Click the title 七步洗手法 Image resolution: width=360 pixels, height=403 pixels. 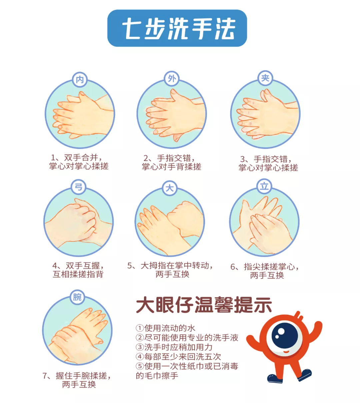pyautogui.click(x=179, y=28)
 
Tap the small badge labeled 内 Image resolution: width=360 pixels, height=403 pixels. pyautogui.click(x=80, y=80)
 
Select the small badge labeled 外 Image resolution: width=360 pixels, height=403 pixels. pyautogui.click(x=172, y=79)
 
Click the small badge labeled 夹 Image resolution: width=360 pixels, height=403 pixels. pyautogui.click(x=265, y=78)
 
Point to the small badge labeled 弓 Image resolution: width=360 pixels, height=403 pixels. pyautogui.click(x=78, y=187)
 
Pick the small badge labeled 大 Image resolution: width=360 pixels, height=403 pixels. pyautogui.click(x=170, y=188)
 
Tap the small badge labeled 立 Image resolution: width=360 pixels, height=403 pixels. pyautogui.click(x=264, y=187)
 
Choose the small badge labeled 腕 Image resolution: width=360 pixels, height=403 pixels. pyautogui.click(x=77, y=297)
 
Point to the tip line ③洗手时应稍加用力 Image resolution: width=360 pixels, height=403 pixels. pyautogui.click(x=174, y=347)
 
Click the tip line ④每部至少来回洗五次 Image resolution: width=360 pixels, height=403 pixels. pyautogui.click(x=178, y=357)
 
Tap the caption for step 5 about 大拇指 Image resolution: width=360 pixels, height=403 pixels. pyautogui.click(x=170, y=270)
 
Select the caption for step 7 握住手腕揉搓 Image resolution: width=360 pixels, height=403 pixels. pyautogui.click(x=77, y=380)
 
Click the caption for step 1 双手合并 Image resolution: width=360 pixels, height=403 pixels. pyautogui.click(x=79, y=162)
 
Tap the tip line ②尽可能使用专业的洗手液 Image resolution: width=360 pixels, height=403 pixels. pyautogui.click(x=187, y=338)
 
